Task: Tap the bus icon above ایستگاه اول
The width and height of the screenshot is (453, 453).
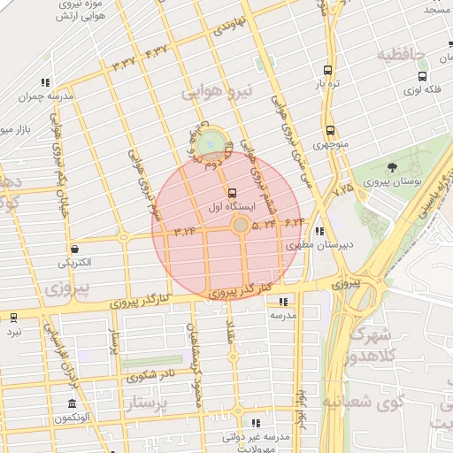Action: coord(232,192)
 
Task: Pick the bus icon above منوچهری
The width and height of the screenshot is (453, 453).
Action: coord(330,129)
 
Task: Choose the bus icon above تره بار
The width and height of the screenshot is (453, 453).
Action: coord(329,70)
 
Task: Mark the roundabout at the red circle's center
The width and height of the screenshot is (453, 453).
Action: coord(240,226)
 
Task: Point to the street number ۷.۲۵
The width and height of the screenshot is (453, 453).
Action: coord(342,188)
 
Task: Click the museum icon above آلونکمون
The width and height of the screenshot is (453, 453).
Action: coord(71,405)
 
